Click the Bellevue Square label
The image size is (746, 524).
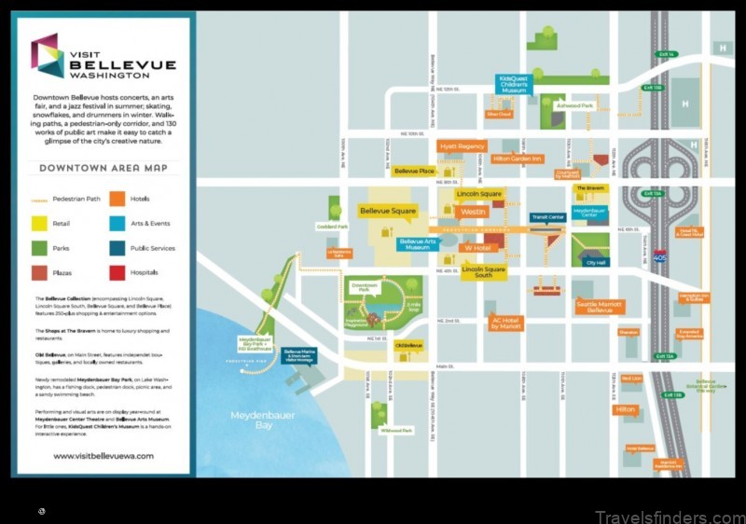(387, 211)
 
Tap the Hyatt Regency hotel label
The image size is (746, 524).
(462, 146)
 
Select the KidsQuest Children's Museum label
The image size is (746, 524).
(514, 84)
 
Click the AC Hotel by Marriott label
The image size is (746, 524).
(507, 324)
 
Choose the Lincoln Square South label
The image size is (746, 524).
(484, 271)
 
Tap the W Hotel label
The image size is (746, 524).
(476, 248)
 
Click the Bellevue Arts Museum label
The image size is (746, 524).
(418, 244)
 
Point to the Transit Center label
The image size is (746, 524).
(547, 218)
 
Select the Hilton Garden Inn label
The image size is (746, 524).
(518, 159)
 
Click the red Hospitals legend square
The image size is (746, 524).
(117, 272)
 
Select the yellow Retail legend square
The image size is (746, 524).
(40, 223)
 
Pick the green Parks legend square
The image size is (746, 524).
(40, 248)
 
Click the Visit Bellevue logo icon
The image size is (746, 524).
(47, 56)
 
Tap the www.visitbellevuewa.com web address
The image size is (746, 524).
(103, 456)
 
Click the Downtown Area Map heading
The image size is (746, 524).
(104, 168)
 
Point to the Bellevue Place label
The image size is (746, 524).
(414, 172)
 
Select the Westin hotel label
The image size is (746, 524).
(473, 212)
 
